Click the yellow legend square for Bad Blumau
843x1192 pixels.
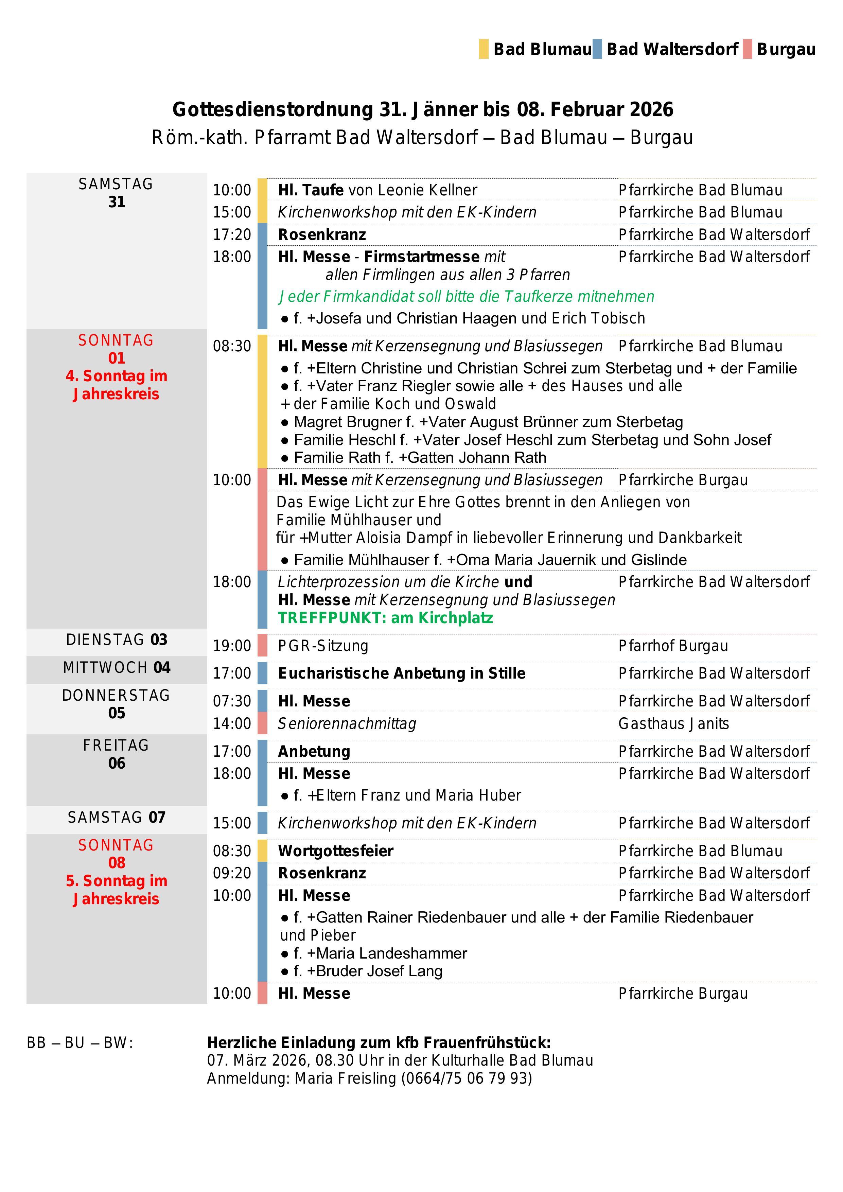pyautogui.click(x=483, y=49)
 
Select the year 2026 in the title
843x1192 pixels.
pyautogui.click(x=651, y=109)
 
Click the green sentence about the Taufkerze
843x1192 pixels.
pyautogui.click(x=466, y=296)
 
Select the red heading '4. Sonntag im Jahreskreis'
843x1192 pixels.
pyautogui.click(x=116, y=385)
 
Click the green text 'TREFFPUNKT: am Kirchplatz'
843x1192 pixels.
pyautogui.click(x=385, y=618)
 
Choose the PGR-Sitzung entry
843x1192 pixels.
pyautogui.click(x=323, y=646)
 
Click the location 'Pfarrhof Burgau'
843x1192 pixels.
pyautogui.click(x=673, y=646)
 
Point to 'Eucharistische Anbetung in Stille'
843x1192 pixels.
pyautogui.click(x=401, y=673)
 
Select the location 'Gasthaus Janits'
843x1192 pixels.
pyautogui.click(x=673, y=723)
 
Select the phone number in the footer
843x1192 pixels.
pyautogui.click(x=466, y=1078)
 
